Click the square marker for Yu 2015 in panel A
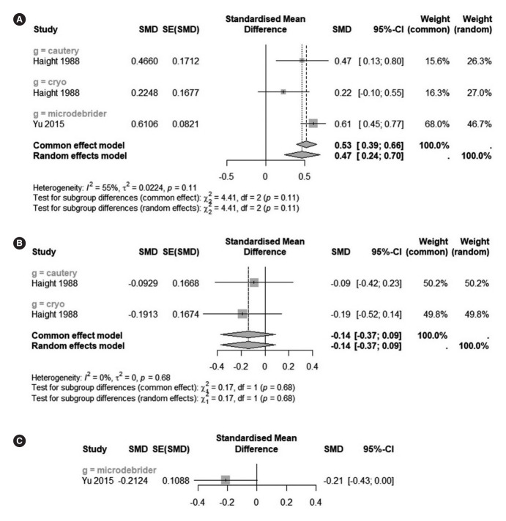[313, 124]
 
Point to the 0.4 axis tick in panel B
[312, 364]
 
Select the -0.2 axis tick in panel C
[226, 504]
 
